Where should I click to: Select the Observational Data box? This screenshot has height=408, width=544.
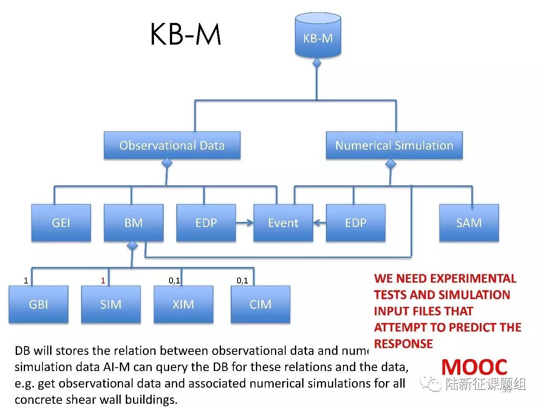tap(172, 145)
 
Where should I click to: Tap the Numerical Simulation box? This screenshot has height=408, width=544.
tap(394, 145)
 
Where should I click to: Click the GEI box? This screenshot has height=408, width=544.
tap(61, 223)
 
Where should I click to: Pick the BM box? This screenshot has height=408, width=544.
tap(133, 223)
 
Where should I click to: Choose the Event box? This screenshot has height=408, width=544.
tap(283, 223)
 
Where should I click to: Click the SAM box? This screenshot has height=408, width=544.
tap(469, 223)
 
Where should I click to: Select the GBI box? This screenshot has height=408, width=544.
tap(38, 304)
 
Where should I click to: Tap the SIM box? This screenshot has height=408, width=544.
tap(111, 304)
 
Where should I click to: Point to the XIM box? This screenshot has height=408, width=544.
tap(183, 304)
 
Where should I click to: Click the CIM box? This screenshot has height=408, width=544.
tap(260, 304)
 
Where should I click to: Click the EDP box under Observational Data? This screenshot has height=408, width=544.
tap(206, 223)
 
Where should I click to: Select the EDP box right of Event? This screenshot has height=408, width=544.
tap(356, 223)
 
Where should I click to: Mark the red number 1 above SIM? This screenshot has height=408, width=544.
tap(103, 280)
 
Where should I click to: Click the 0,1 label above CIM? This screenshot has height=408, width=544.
tap(242, 280)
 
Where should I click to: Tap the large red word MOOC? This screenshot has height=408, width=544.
tap(474, 367)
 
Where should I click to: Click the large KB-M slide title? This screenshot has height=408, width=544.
tap(186, 34)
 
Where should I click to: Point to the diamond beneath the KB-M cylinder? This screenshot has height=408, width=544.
tap(317, 63)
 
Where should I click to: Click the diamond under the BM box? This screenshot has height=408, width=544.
tap(133, 246)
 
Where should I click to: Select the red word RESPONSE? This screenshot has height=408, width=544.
tap(403, 343)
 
